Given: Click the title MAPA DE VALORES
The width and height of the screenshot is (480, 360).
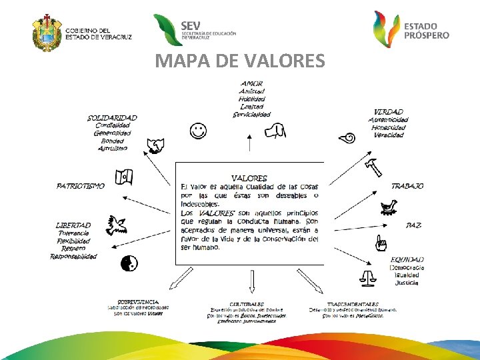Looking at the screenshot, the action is pos(240,62).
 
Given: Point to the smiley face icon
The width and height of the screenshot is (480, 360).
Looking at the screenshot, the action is pos(197,131).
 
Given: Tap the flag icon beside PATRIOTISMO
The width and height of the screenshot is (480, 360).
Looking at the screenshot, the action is pos(124,177).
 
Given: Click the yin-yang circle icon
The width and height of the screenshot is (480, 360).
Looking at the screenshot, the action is pos(129,264).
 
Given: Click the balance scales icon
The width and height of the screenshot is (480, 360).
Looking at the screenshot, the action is pos(367,275).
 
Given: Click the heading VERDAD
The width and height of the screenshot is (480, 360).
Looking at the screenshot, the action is pos(388,111).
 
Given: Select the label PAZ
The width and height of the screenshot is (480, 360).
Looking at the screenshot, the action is pos(413,225).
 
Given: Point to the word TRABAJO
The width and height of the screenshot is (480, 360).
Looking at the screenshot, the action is pos(407,186).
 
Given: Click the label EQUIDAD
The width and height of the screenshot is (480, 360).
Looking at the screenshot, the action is pos(407,259).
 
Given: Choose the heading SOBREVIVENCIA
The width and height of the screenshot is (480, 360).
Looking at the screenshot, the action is pos(138,301).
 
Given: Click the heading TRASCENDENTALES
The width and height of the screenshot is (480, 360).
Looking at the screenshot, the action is pos(353,304).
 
